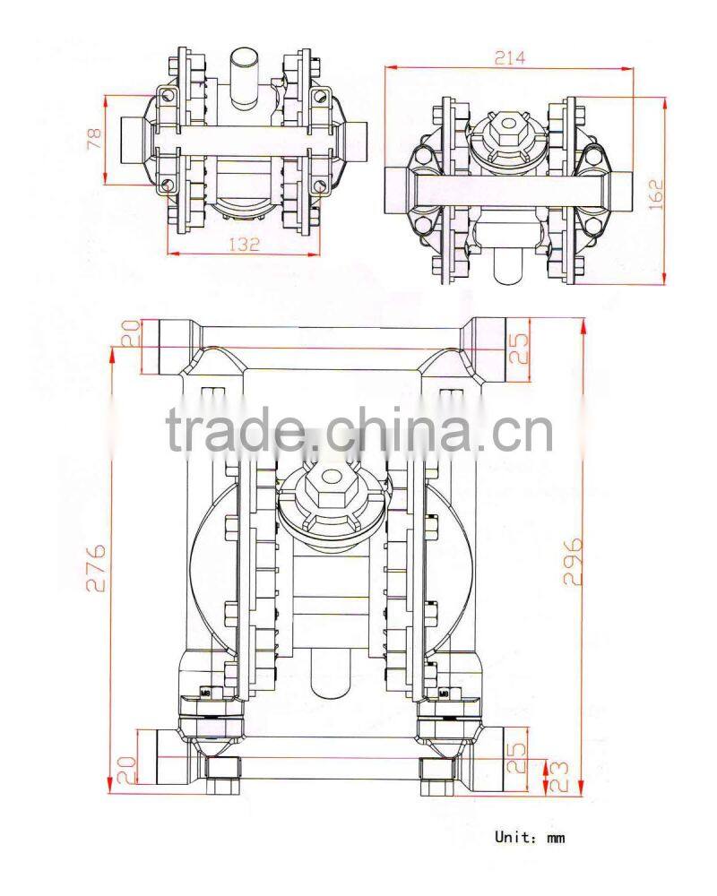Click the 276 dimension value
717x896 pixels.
pos(99,566)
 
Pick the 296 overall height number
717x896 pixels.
pos(573,561)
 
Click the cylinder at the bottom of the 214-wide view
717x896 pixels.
pos(509,265)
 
